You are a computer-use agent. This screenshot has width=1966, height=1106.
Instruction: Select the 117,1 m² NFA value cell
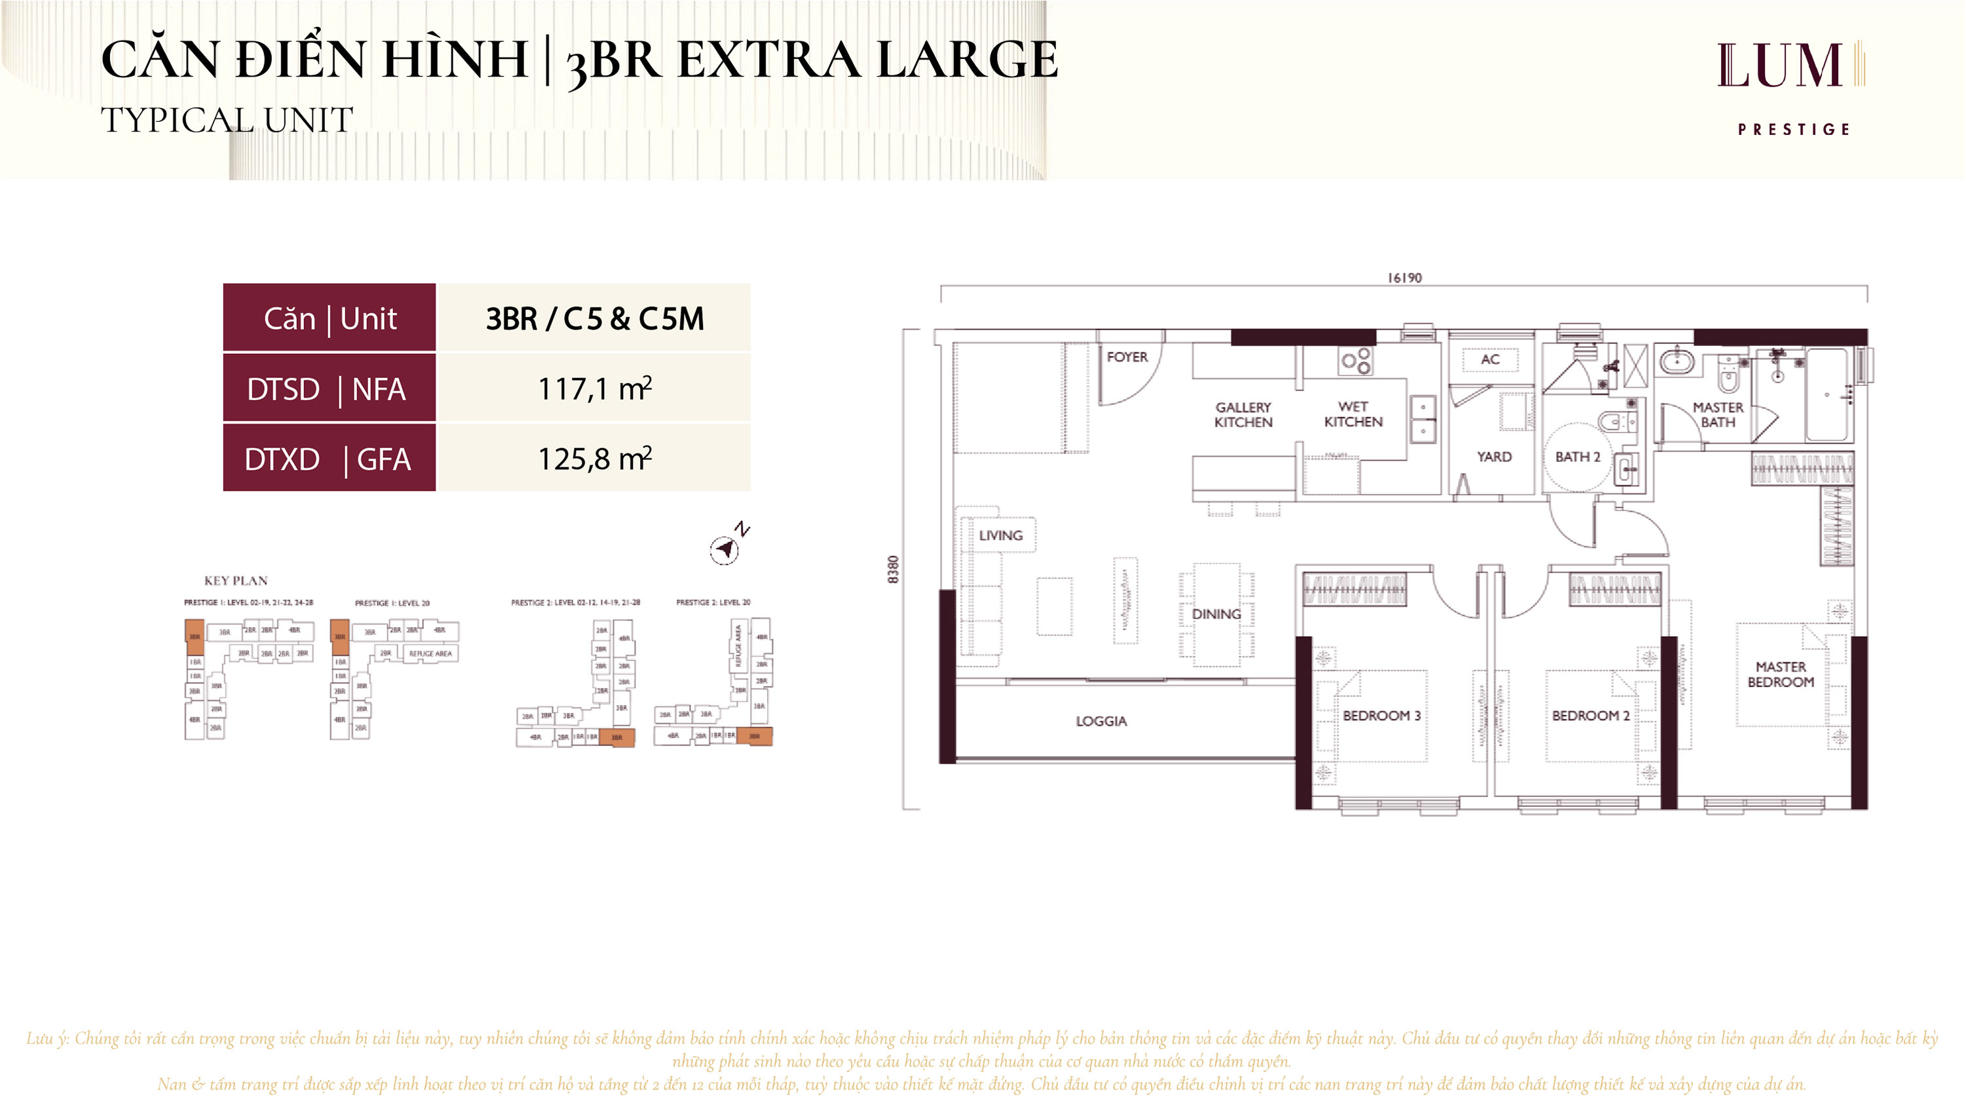click(x=595, y=389)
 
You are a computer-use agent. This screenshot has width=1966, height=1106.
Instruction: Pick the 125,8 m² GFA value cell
click(x=595, y=459)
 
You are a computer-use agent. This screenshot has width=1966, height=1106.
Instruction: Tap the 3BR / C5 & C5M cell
click(x=595, y=318)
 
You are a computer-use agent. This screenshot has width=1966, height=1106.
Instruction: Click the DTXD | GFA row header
click(x=329, y=459)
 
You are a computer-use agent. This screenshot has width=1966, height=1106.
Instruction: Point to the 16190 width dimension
click(x=1405, y=278)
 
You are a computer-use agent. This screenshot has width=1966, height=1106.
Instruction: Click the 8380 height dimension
click(x=894, y=569)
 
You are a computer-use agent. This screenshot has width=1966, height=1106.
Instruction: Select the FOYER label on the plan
click(x=1127, y=357)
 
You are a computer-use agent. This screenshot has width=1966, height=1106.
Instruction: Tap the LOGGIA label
click(x=1101, y=721)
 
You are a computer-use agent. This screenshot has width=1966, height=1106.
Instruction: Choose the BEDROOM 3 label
click(x=1382, y=716)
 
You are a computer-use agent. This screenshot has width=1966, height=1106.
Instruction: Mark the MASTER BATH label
click(x=1718, y=415)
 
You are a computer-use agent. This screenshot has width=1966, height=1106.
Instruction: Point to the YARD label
click(x=1494, y=457)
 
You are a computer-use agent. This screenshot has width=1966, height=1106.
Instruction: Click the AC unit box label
click(x=1490, y=360)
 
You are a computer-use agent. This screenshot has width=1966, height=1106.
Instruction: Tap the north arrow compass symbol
click(x=725, y=547)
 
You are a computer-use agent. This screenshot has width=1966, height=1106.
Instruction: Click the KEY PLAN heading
click(x=236, y=581)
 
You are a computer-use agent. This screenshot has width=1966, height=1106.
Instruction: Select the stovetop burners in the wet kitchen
click(x=1355, y=361)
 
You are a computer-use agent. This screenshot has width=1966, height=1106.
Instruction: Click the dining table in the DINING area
click(x=1217, y=615)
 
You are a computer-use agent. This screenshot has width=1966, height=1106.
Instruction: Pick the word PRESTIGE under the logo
click(x=1794, y=130)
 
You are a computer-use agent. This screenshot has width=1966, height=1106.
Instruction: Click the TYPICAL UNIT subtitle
click(x=227, y=121)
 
